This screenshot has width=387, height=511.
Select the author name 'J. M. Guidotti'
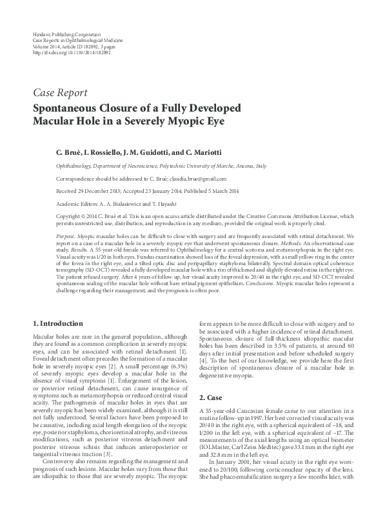(147, 152)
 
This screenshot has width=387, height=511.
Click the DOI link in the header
(72, 52)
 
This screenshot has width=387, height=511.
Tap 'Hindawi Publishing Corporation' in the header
(66, 33)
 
